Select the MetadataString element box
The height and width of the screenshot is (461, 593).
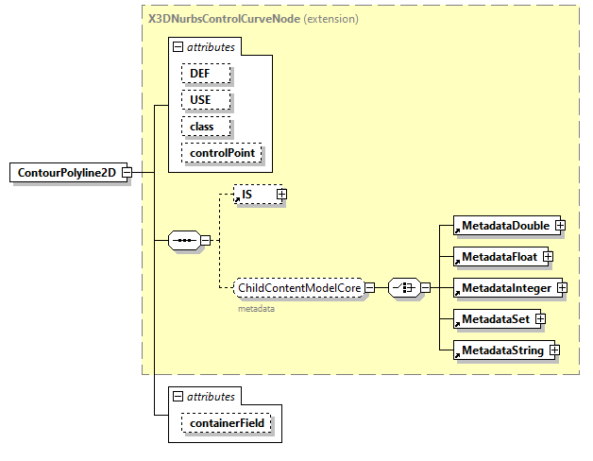tap(501, 350)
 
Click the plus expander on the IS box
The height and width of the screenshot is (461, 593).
tap(280, 195)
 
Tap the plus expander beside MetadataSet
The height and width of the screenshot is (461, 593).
tap(541, 319)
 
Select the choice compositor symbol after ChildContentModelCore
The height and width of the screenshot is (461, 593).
tap(404, 287)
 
